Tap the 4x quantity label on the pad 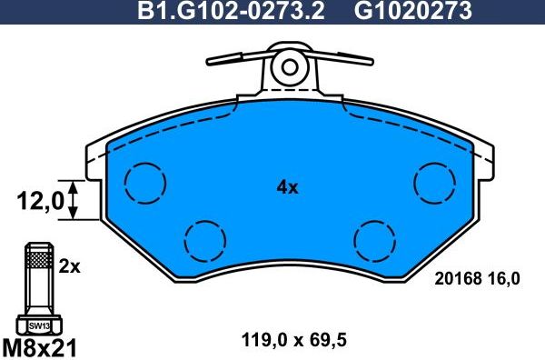point(287,188)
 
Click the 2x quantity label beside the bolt point(70,268)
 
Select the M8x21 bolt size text point(41,346)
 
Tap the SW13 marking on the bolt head point(37,325)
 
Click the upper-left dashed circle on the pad point(143,183)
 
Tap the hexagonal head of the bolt point(37,325)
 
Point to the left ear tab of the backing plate point(94,161)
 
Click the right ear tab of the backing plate point(481,161)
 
